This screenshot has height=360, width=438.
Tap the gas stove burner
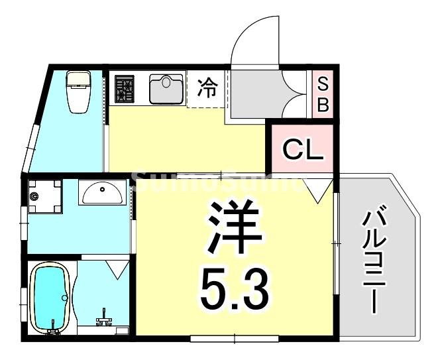click(x=125, y=89)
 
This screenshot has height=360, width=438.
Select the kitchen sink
click(x=165, y=89)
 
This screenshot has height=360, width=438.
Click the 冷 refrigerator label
click(x=208, y=88)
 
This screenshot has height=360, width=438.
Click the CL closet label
click(x=303, y=150)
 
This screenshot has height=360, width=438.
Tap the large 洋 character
click(x=234, y=227)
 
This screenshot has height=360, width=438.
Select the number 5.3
click(x=234, y=287)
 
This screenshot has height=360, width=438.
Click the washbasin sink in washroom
click(x=101, y=192)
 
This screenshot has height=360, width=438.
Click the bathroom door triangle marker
click(x=117, y=269)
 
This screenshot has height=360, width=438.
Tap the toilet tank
click(x=79, y=79)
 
